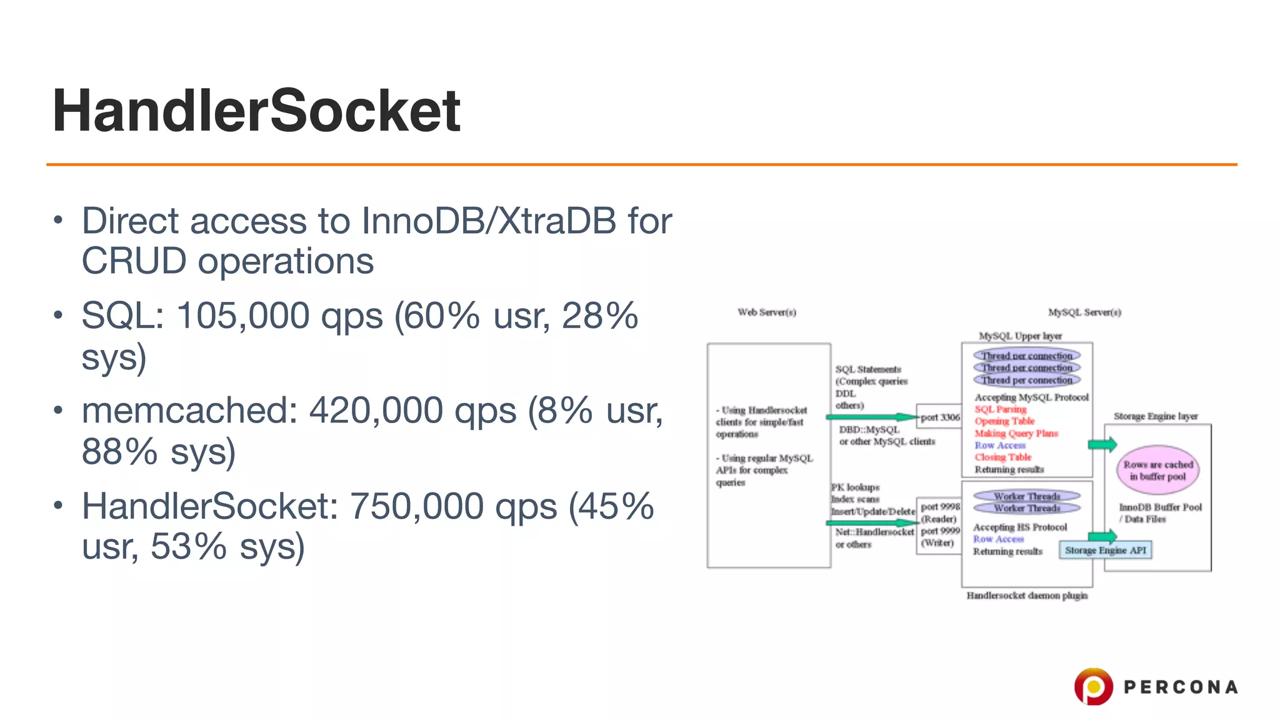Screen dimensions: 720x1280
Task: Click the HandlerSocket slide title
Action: pos(256,111)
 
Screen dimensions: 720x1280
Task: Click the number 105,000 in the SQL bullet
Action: pos(242,316)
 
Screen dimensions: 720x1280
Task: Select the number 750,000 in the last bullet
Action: pos(416,506)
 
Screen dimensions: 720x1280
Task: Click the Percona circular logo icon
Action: pos(1093,686)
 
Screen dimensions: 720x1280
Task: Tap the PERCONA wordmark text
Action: pos(1180,687)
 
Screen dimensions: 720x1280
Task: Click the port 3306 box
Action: pos(939,417)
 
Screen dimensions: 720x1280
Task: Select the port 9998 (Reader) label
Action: pos(939,512)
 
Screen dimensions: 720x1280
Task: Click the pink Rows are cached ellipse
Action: pos(1158,471)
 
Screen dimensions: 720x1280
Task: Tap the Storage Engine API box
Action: pos(1105,550)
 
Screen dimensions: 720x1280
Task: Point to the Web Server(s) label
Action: pos(767,312)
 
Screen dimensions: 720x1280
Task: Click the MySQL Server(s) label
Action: pos(1084,312)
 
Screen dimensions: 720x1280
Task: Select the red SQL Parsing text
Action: pos(1000,409)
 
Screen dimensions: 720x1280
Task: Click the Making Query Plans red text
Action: pos(1016,433)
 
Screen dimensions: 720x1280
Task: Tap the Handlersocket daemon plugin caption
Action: pos(1027,596)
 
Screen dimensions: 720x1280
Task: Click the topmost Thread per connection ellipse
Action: pos(1026,355)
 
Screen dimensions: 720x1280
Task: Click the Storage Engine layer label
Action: pos(1155,416)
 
